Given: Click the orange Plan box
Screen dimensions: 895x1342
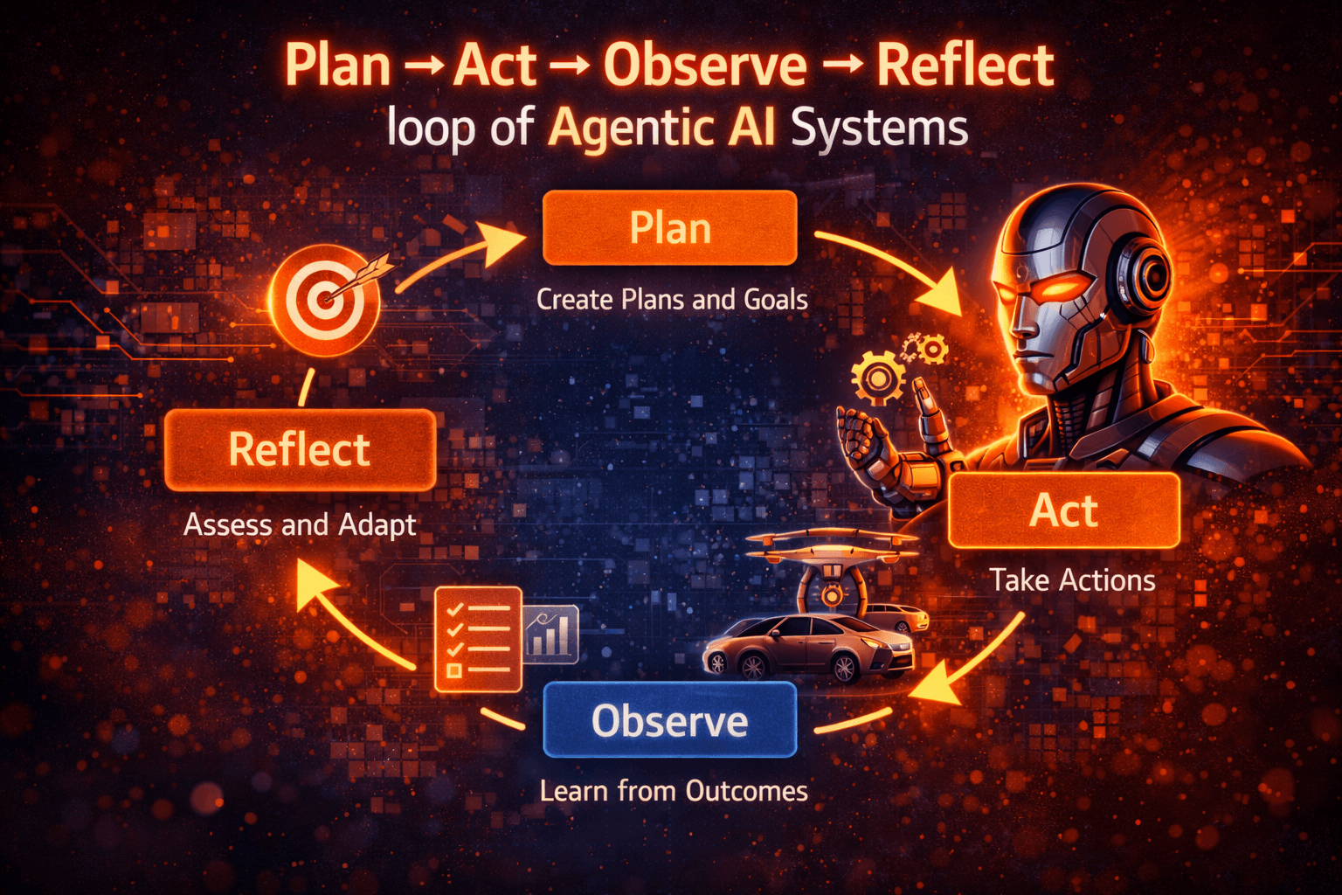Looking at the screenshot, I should tap(669, 228).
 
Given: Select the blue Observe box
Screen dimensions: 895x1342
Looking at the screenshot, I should tap(669, 720).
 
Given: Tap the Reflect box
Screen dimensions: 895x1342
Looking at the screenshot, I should tap(300, 449).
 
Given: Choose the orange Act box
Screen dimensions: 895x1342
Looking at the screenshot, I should tap(1063, 510).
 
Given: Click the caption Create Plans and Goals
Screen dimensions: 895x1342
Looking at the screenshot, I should tap(671, 300).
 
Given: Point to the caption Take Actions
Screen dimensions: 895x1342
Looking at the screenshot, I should tap(1072, 580).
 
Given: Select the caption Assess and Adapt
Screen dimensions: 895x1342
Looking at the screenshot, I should tap(300, 524).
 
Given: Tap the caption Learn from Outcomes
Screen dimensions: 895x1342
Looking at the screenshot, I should tap(673, 791).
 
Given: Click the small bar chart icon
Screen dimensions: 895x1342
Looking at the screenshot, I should tap(551, 634).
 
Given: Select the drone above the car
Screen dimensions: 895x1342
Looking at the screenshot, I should tap(830, 559).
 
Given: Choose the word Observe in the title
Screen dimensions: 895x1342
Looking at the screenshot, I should tap(705, 66).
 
